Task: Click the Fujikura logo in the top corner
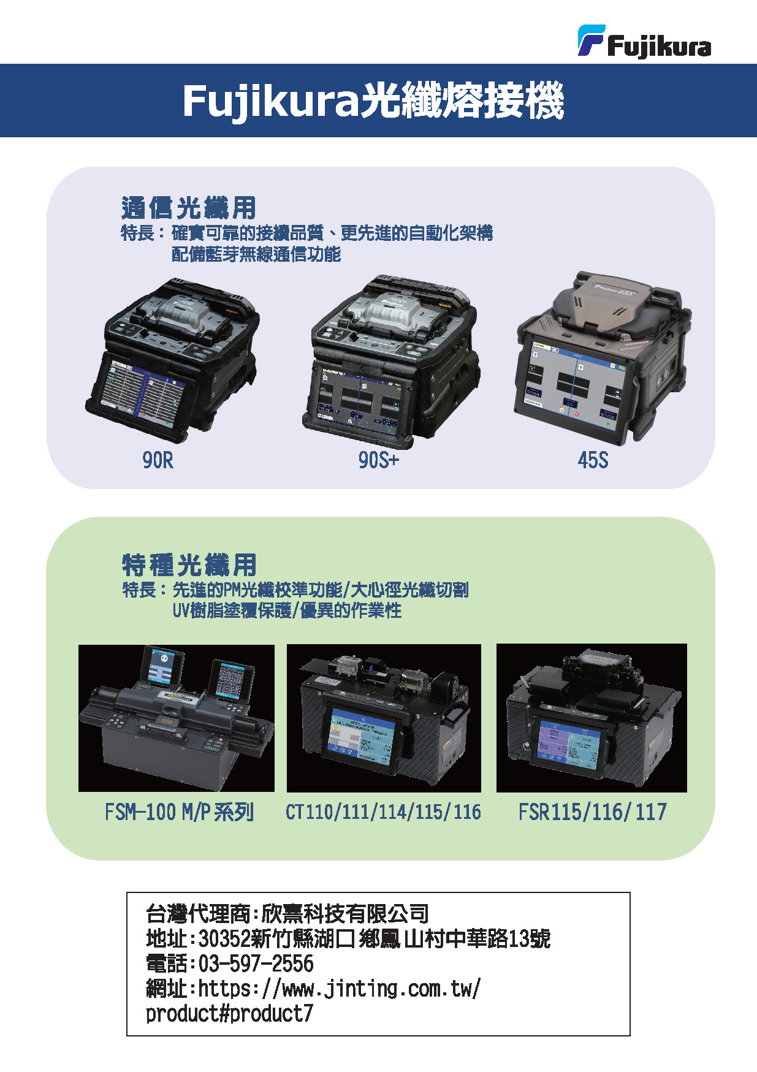[644, 42]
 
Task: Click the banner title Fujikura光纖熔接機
[373, 101]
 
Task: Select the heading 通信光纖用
[189, 208]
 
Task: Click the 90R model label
[158, 460]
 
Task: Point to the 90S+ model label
[378, 460]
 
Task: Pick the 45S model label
[593, 460]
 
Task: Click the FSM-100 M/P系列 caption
[179, 812]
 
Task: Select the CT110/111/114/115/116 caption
[383, 812]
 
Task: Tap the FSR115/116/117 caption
[592, 812]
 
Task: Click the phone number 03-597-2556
[256, 964]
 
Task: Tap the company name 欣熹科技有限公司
[345, 913]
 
